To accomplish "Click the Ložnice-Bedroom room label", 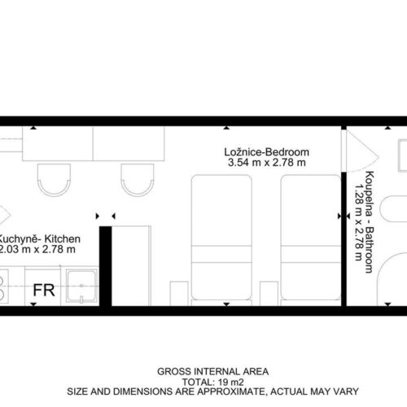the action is tap(266, 152).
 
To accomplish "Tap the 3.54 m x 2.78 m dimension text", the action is tap(267, 163).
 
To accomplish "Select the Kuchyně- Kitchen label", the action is tap(40, 239).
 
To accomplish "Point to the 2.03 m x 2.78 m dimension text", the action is tap(37, 249).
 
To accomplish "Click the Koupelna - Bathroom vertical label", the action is tap(370, 222).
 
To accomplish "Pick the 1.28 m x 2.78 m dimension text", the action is tap(359, 222).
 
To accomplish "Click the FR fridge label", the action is tap(44, 290).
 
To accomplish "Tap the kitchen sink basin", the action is tap(81, 286).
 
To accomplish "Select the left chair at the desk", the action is tap(54, 180).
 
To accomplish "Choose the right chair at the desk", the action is tap(138, 180).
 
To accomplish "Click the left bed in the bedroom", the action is tap(221, 238).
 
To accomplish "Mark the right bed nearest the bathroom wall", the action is tap(311, 238).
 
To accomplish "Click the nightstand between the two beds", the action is tap(269, 294).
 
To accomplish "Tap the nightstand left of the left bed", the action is tap(179, 294).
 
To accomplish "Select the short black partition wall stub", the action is tap(106, 266).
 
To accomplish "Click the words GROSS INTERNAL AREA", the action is tap(213, 371).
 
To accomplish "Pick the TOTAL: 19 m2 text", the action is tap(213, 382).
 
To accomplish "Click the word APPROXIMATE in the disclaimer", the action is tap(229, 392).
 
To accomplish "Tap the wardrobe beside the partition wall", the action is tap(131, 266).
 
